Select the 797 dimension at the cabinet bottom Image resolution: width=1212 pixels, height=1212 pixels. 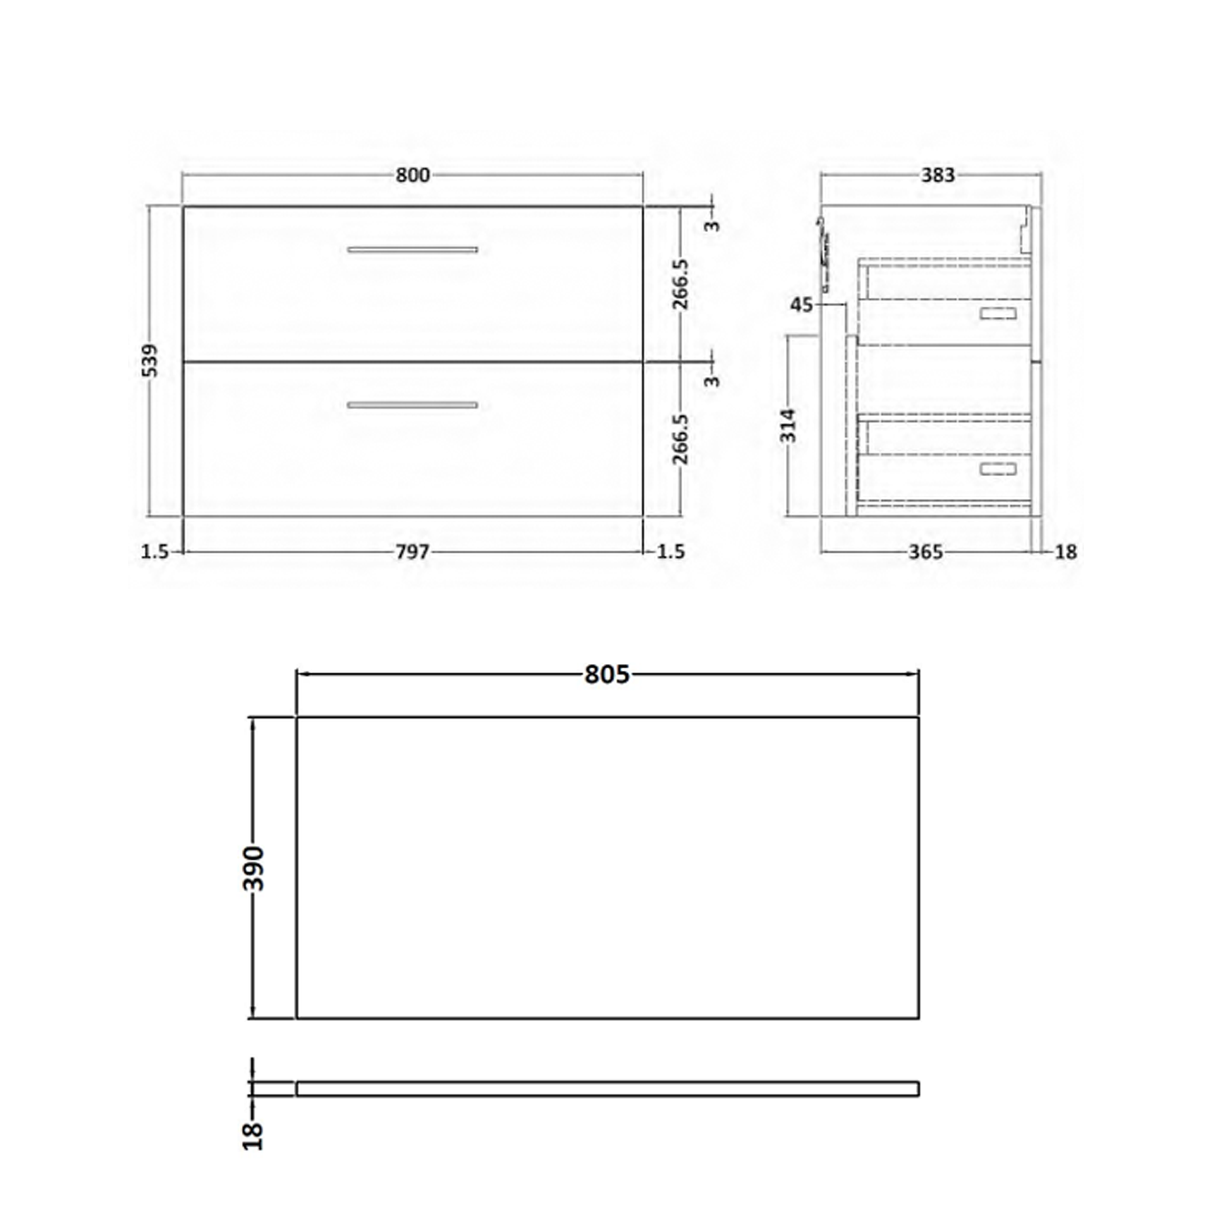point(412,552)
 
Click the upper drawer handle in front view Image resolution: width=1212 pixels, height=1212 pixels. point(412,250)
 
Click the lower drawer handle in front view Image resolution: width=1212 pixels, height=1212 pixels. point(412,405)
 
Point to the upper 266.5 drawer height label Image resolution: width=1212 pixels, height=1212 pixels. point(681,284)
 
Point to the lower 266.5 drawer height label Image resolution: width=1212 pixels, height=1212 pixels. point(681,439)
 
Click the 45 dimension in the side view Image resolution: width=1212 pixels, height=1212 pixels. point(801,305)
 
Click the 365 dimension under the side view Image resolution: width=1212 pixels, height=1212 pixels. point(925,552)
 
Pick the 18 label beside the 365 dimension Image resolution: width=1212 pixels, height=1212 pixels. point(1066,552)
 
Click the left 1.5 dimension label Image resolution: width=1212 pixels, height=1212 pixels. point(155,552)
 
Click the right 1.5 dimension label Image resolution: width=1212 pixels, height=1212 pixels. point(671,552)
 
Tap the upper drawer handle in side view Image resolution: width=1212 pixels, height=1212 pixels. point(998,314)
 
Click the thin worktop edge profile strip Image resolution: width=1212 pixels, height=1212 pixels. point(607,1089)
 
